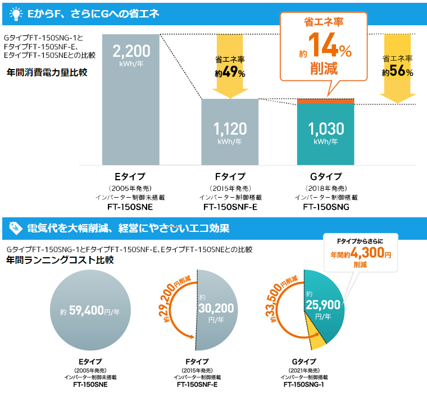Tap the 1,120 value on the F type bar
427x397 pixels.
[x=230, y=129]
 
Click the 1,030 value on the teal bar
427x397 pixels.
[x=326, y=129]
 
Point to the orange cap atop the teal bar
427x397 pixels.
[x=326, y=101]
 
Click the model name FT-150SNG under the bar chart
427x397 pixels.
[x=326, y=207]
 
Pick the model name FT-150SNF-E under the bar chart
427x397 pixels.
[x=230, y=207]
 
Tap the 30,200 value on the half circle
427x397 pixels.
[x=216, y=308]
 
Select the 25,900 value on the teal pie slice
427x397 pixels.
[x=324, y=305]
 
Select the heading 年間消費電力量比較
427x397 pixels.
[x=47, y=72]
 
